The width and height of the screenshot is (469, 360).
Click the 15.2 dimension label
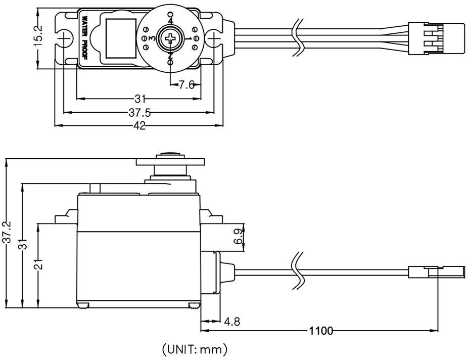pyautogui.click(x=38, y=35)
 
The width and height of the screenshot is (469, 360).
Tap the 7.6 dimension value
pyautogui.click(x=186, y=85)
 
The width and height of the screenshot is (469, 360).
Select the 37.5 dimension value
pyautogui.click(x=139, y=113)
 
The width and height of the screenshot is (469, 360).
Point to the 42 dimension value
pyautogui.click(x=139, y=125)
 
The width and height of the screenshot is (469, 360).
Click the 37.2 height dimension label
pyautogui.click(x=6, y=232)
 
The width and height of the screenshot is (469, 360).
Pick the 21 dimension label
pyautogui.click(x=38, y=264)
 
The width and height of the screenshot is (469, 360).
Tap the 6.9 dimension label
pyautogui.click(x=239, y=237)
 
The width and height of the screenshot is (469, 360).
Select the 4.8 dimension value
pyautogui.click(x=232, y=322)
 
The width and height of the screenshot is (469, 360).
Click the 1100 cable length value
pyautogui.click(x=320, y=331)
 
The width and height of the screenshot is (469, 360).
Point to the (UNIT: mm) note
pyautogui.click(x=195, y=349)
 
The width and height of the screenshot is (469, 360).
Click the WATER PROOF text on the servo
pyautogui.click(x=84, y=37)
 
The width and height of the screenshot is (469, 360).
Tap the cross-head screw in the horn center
pyautogui.click(x=170, y=38)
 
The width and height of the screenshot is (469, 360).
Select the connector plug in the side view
pyautogui.click(x=437, y=272)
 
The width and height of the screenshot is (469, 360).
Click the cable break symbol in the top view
pyautogui.click(x=298, y=38)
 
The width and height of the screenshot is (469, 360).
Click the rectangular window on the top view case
pyautogui.click(x=121, y=38)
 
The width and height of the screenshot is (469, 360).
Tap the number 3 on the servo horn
pyautogui.click(x=152, y=38)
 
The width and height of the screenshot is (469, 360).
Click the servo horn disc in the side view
pyautogui.click(x=170, y=162)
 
